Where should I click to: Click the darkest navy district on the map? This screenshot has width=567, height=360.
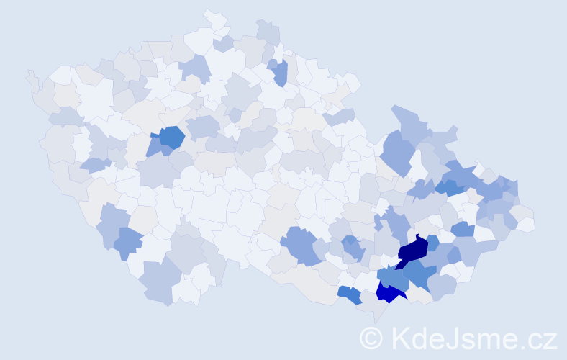tap(412, 250)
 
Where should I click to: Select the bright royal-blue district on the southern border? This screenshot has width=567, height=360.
tap(389, 292)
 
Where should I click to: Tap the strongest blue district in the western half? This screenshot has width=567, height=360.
tap(171, 136)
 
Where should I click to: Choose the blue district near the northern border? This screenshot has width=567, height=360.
tap(280, 72)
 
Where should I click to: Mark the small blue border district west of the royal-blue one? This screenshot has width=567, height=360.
tap(350, 294)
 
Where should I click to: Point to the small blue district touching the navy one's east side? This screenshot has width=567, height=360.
tap(432, 243)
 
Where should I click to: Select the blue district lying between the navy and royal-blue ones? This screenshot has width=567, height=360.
tap(393, 276)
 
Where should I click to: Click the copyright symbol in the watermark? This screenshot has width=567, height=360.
tap(371, 338)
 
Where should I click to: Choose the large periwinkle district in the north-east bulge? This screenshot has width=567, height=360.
tap(398, 152)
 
